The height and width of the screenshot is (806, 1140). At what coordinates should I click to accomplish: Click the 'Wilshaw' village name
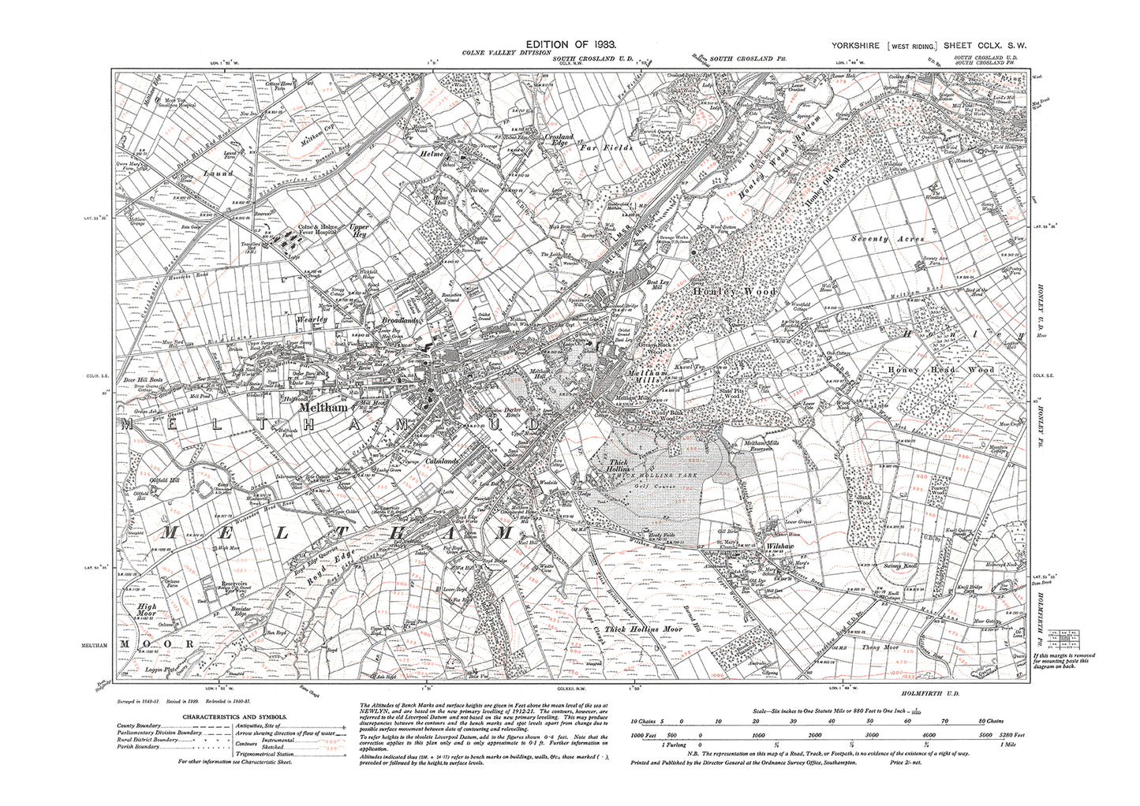click(782, 545)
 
